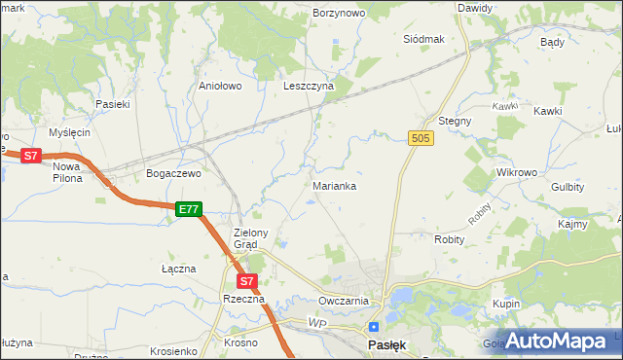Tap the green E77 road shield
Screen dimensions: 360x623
coord(189,209)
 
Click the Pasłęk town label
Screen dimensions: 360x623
coord(386,344)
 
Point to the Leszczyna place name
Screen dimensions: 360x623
coord(309,86)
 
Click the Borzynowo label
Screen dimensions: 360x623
coord(338,13)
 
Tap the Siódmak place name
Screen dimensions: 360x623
coord(423,39)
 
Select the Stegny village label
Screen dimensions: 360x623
coord(455,121)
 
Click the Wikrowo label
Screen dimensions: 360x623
coord(517,172)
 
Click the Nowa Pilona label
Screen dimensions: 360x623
coord(67,172)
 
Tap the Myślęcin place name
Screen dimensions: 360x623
coord(69,132)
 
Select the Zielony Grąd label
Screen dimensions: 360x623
coord(258,238)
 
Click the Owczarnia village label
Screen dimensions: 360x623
coord(343,301)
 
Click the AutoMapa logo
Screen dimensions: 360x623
coord(556,341)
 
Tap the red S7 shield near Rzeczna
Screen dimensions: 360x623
coord(247,281)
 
